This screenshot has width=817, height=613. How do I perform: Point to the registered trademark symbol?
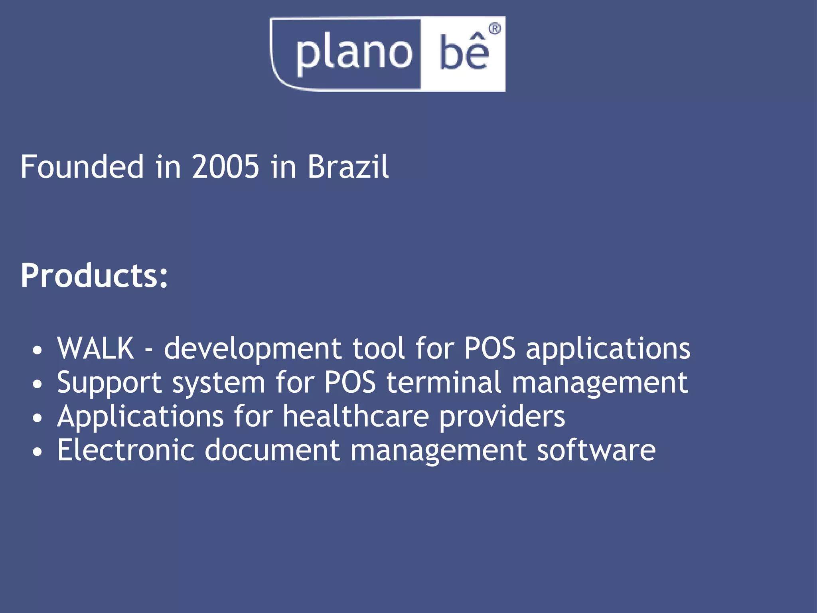[495, 29]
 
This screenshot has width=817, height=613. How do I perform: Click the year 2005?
[225, 167]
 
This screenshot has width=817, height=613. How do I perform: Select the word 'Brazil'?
[348, 167]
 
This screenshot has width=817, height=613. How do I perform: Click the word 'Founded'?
[82, 167]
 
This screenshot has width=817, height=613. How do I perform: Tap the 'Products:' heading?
[94, 275]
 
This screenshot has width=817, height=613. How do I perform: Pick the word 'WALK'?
[95, 348]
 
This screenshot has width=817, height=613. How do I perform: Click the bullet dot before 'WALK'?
[37, 350]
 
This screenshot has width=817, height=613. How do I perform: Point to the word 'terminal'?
[443, 382]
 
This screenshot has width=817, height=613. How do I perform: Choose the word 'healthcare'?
[356, 416]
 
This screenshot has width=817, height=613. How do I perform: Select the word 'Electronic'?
[126, 450]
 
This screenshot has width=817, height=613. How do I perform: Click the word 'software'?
[596, 450]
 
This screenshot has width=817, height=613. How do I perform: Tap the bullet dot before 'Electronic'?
[37, 452]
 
